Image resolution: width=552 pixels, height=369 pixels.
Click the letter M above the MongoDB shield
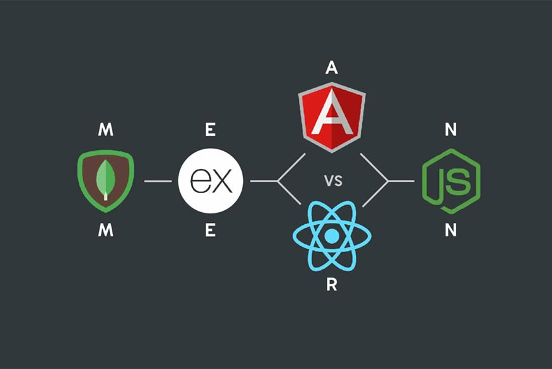pos(105,130)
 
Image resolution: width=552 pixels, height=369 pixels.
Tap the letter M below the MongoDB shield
pos(105,231)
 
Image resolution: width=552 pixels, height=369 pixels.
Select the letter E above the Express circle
pos(210,130)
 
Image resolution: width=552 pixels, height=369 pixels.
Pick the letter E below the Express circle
pos(210,231)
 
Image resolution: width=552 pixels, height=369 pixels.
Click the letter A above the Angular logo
pos(332,67)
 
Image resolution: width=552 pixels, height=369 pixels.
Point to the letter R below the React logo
pos(332,285)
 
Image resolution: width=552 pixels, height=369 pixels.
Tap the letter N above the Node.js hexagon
pos(450,130)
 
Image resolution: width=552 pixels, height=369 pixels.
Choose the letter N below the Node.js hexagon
pos(450,231)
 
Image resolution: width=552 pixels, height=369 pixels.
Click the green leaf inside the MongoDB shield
pos(105,180)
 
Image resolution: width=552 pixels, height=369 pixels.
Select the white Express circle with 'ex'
pos(211,181)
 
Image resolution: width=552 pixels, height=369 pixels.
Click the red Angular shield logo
pos(332,117)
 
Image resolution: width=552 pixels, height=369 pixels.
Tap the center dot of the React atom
pos(332,236)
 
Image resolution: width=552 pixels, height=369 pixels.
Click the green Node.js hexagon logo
pos(451,181)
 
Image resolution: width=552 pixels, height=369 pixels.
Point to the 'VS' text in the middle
pos(333,181)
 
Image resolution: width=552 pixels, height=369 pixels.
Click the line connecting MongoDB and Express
pos(158,181)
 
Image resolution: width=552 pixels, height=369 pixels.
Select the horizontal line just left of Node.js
pos(402,181)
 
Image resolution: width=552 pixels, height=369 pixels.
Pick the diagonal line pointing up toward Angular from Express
pos(291,168)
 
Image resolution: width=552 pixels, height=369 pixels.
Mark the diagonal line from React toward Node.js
pos(375,194)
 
